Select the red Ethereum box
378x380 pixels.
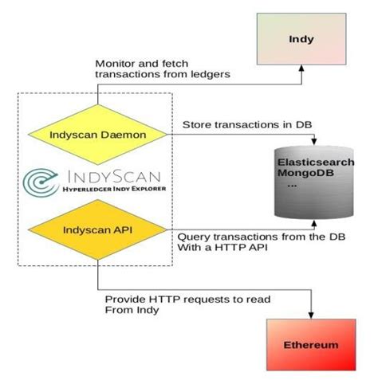311,346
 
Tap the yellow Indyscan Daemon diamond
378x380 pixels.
97,135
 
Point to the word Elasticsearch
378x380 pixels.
316,162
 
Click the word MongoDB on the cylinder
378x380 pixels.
304,174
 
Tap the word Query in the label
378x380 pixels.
192,237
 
